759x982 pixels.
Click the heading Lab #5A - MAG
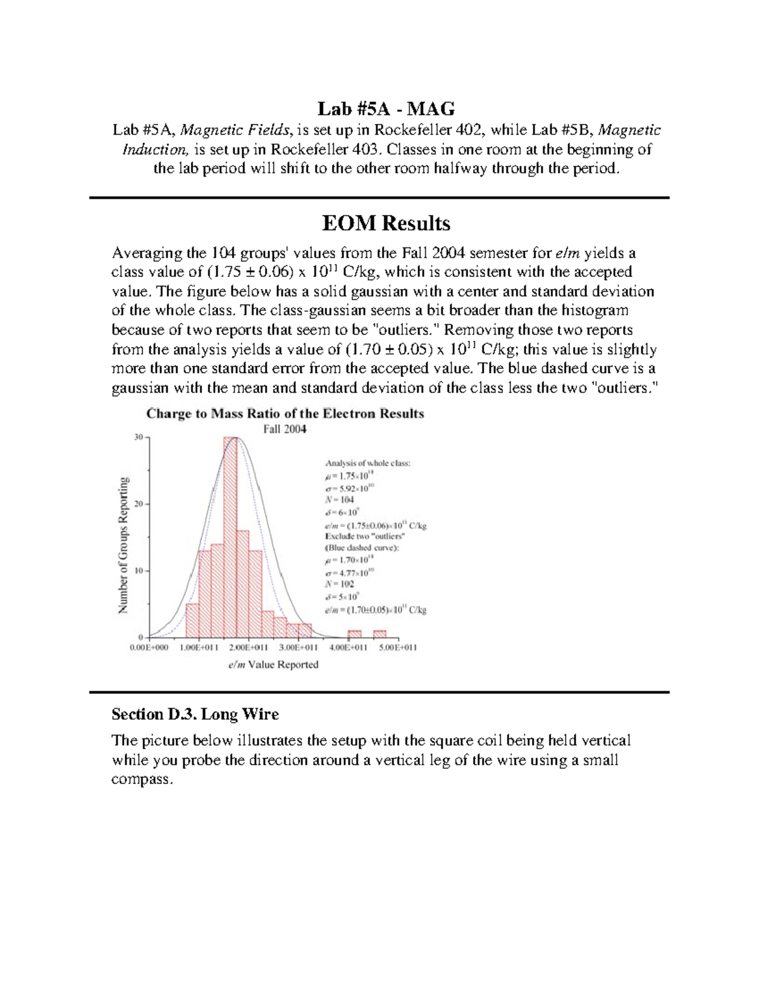point(386,109)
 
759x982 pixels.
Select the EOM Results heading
point(386,223)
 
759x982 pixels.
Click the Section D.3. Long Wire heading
point(195,715)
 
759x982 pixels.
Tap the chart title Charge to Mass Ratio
point(285,414)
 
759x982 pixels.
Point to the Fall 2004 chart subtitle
point(285,429)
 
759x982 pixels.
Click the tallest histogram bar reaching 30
point(230,537)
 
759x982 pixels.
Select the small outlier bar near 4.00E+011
point(355,634)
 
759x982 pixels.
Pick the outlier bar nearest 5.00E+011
point(379,634)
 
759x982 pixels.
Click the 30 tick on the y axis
point(139,437)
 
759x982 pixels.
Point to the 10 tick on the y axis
point(139,570)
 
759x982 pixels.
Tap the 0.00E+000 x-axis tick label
point(149,648)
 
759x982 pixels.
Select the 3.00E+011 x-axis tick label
point(299,648)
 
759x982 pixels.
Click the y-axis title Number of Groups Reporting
point(123,545)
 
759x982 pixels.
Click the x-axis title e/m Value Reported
point(273,665)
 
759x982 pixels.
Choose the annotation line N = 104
point(339,500)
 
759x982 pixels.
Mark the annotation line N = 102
point(339,584)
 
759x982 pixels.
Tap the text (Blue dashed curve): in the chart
point(362,548)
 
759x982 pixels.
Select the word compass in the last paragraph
point(140,780)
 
